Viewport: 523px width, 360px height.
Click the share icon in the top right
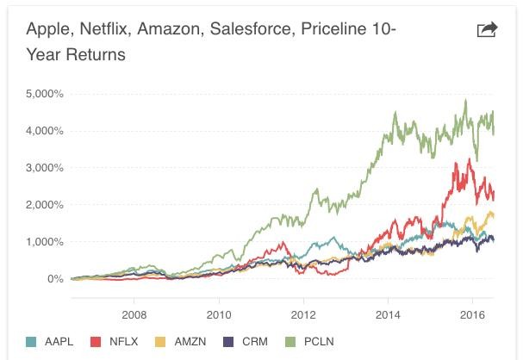point(487,30)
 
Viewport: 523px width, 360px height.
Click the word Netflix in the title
point(108,30)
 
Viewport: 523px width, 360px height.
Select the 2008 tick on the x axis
point(134,313)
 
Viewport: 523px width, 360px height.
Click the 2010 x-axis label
point(219,313)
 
